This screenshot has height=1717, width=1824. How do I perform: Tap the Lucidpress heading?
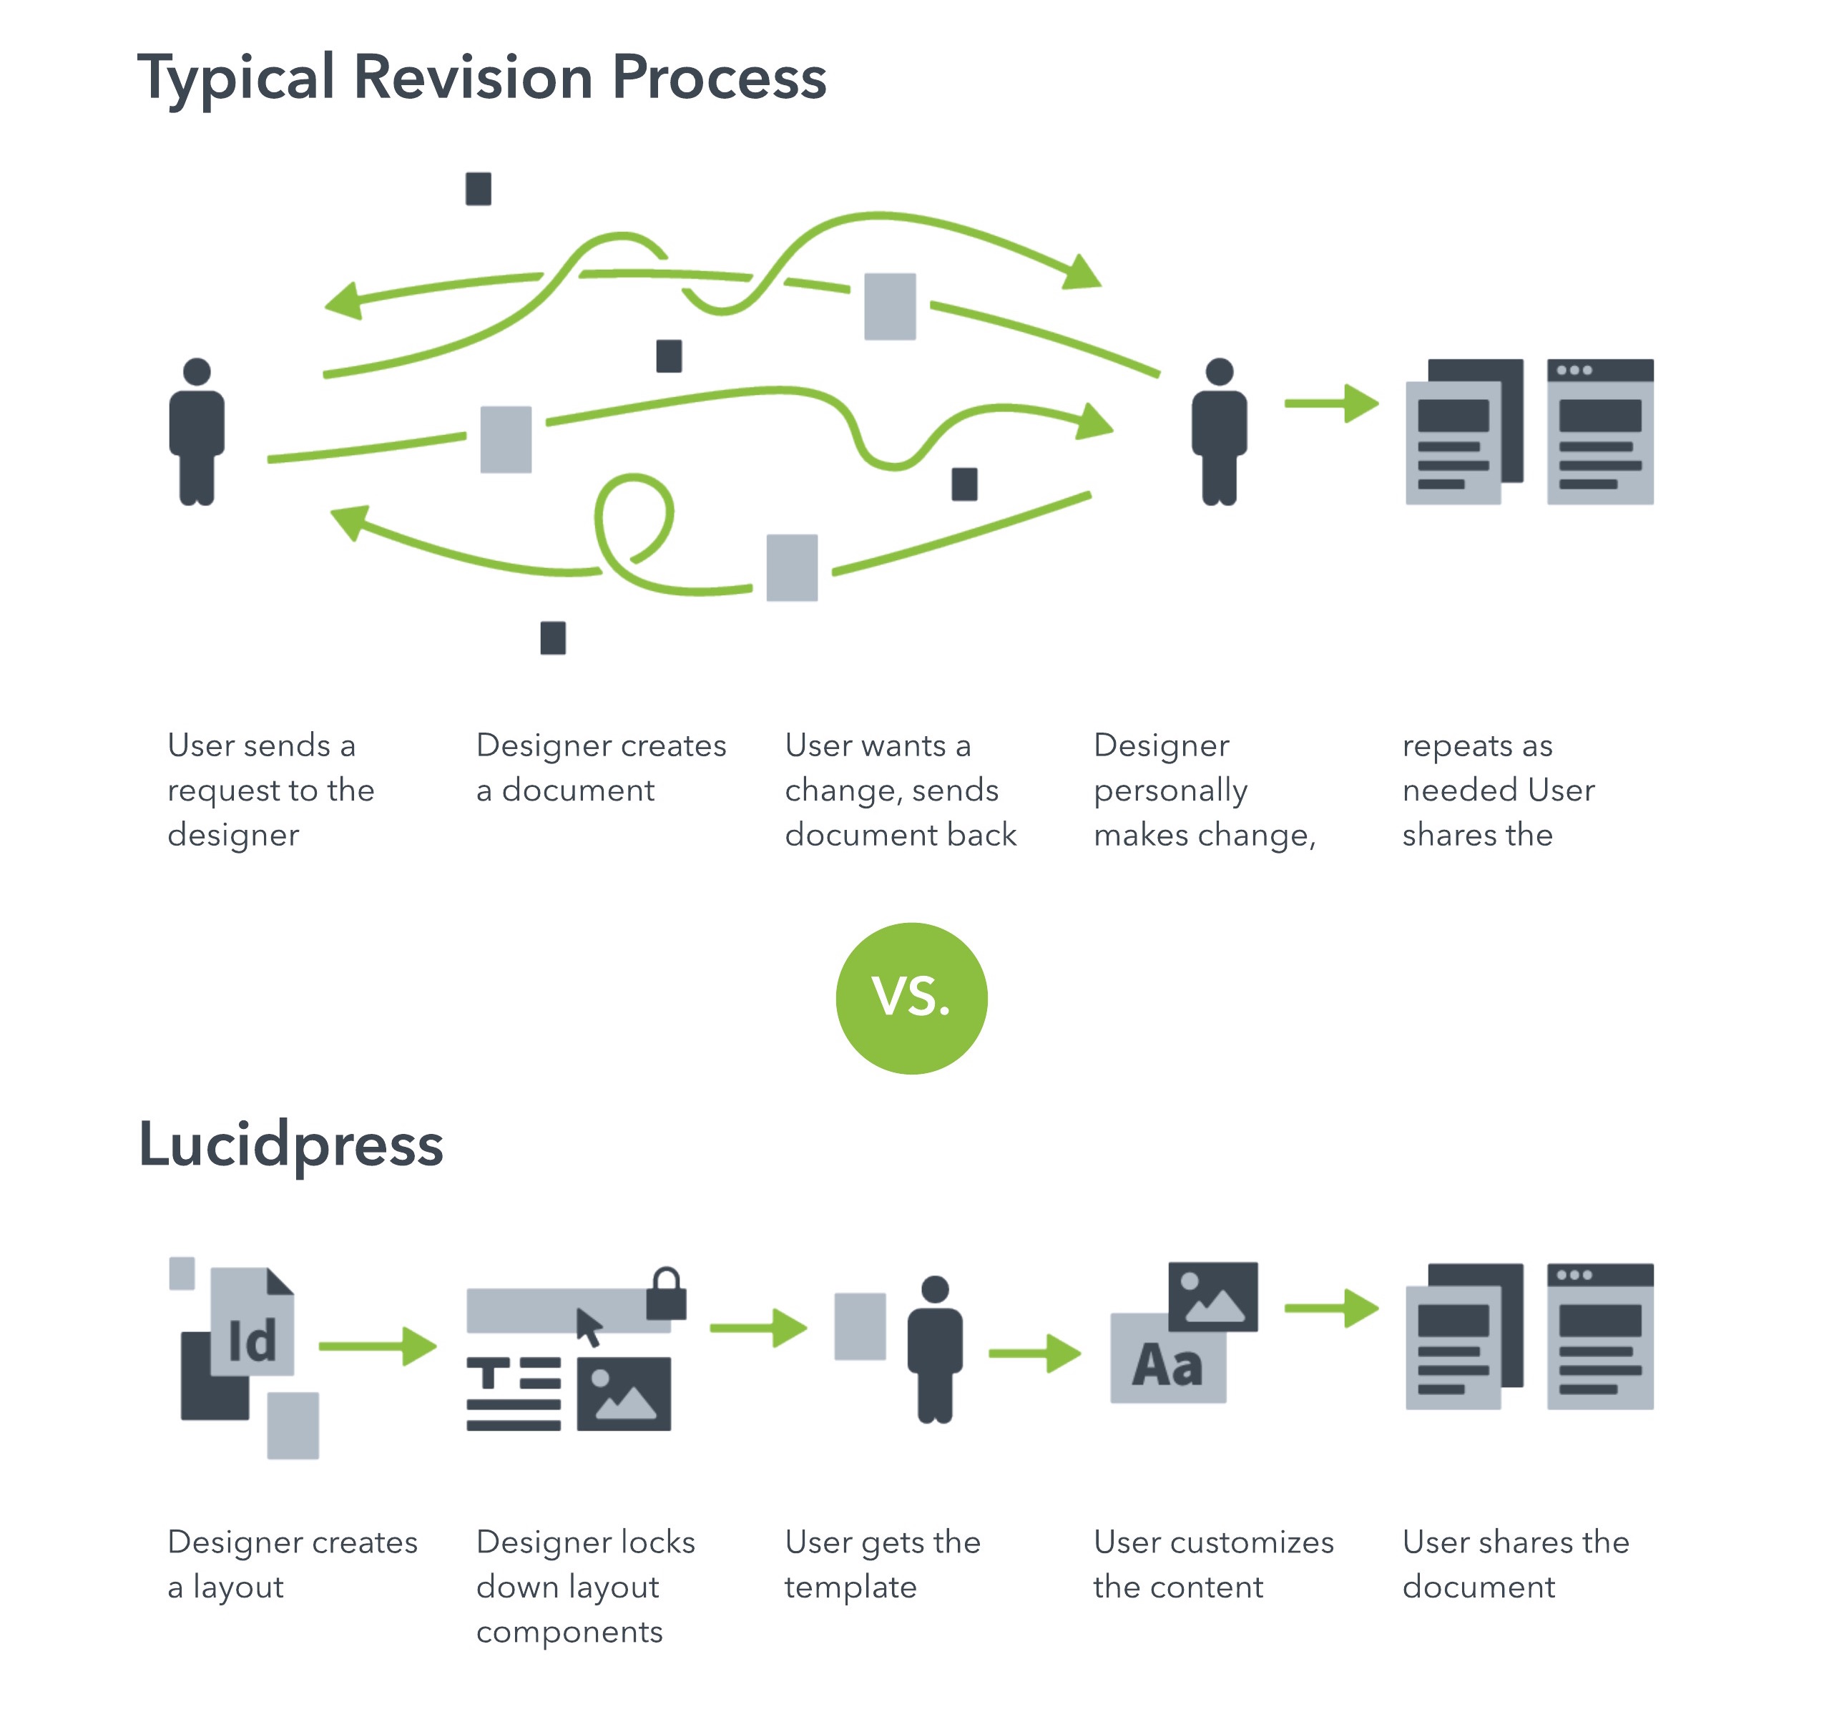[x=291, y=1145]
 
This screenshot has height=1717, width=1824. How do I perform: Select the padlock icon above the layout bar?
[x=666, y=1294]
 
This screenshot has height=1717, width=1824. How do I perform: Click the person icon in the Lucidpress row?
[x=934, y=1349]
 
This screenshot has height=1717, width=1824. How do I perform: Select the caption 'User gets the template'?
[x=882, y=1564]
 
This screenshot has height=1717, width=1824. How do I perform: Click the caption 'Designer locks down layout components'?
[x=585, y=1586]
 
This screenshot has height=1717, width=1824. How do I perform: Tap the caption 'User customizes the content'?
[x=1213, y=1564]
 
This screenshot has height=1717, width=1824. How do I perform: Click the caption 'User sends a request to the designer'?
[x=270, y=789]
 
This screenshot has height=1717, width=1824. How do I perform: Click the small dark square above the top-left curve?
[x=478, y=189]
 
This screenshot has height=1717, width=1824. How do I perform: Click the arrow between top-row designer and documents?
[x=1330, y=403]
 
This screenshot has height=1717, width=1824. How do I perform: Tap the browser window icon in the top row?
[x=1599, y=431]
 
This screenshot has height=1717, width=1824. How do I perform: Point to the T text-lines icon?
[x=513, y=1393]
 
